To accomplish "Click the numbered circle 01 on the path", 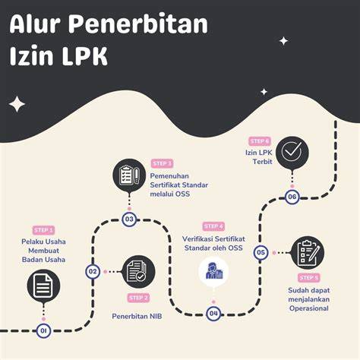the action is click(x=43, y=330).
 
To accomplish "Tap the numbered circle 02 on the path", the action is click(x=93, y=272).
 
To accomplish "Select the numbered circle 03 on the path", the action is click(x=129, y=219).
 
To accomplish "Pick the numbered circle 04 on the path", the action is click(x=213, y=314).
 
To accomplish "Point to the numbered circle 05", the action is click(x=261, y=252).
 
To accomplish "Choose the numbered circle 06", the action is click(x=292, y=197).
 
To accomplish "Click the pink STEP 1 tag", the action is click(x=44, y=230).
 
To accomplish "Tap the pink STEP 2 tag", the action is click(x=138, y=298).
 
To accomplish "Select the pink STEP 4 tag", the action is click(x=213, y=226).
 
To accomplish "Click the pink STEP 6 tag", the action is click(x=260, y=141).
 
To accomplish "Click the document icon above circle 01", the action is click(x=43, y=286).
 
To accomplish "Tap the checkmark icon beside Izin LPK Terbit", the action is click(x=292, y=153).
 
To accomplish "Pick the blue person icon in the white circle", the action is click(x=213, y=271).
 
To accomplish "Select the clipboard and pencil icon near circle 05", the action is click(x=308, y=252).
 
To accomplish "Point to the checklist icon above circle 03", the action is click(x=129, y=175).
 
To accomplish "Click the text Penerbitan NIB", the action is click(x=137, y=317).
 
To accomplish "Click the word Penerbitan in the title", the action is click(x=138, y=24).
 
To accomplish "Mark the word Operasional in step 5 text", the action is click(x=309, y=308).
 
